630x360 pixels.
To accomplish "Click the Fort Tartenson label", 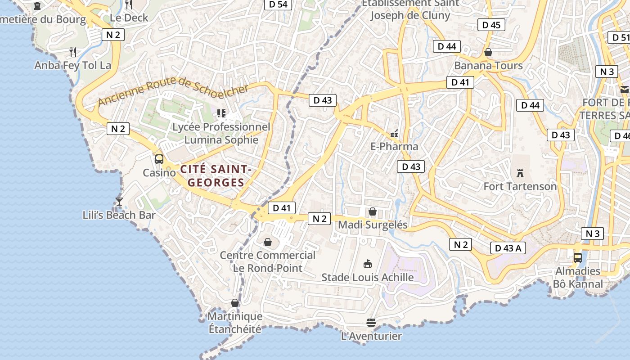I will point(520,186).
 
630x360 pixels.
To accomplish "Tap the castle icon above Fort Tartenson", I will point(520,173).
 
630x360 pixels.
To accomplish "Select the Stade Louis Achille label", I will point(367,277).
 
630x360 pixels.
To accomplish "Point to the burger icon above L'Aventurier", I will point(371,322).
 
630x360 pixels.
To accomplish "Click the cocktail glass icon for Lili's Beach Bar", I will point(119,202).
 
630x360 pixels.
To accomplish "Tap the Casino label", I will point(159,173).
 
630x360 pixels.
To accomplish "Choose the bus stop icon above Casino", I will point(159,159).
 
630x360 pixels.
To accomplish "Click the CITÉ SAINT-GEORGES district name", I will point(216,176).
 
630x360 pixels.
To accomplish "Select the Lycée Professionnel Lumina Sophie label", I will point(221,133).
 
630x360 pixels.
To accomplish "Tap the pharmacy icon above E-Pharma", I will point(394,133).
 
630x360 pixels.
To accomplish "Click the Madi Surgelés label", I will point(373,225).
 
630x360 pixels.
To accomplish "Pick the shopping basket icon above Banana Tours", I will point(488,52).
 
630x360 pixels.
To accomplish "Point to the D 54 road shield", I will point(278,4).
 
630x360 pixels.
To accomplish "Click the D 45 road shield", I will point(491,25).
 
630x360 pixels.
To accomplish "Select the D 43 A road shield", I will point(508,248).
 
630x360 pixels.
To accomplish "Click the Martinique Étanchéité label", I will point(235,323).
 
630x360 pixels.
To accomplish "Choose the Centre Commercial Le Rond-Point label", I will point(267,261).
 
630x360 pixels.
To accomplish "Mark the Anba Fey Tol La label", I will point(73,65).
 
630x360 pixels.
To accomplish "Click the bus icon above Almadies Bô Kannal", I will point(578,258).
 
